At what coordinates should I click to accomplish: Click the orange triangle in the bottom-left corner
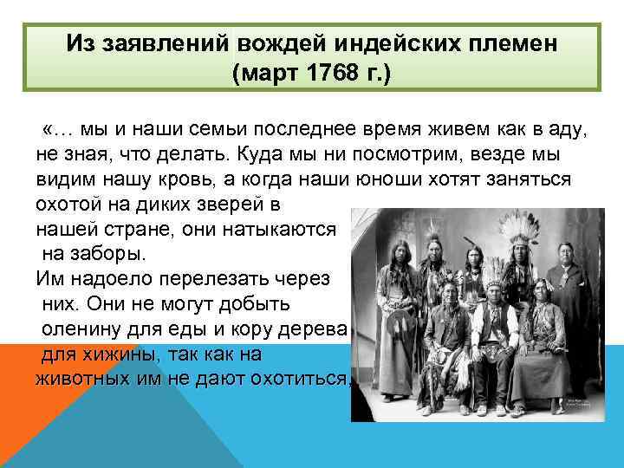coord(35,407)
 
